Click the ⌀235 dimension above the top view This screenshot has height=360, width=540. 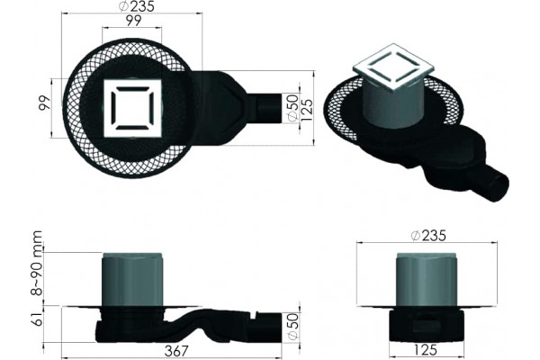point(137,6)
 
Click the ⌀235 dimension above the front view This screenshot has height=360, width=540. point(428,236)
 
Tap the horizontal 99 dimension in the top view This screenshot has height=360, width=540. point(133,21)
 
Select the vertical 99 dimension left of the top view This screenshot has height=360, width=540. point(44,103)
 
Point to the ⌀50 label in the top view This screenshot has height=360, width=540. point(292,107)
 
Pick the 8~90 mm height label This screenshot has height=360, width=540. point(37,263)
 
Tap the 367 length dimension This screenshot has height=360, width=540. point(176,351)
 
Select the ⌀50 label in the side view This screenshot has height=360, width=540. point(292,326)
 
